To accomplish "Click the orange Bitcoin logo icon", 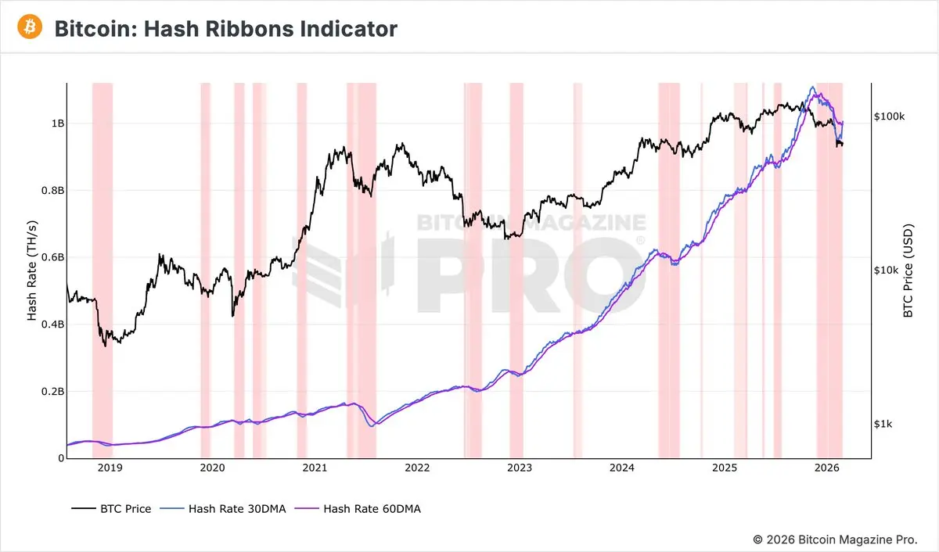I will click(x=29, y=28).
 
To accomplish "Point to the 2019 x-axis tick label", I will click(x=109, y=468).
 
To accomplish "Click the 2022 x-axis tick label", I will click(x=417, y=468).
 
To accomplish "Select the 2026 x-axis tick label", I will click(x=827, y=468).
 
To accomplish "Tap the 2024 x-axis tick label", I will click(x=622, y=468).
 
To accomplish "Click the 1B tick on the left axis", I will click(x=57, y=124).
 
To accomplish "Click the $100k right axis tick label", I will click(x=889, y=116).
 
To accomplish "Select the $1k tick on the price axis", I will click(x=883, y=424).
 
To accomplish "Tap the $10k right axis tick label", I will click(x=886, y=271).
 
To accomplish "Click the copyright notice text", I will click(x=836, y=539).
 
